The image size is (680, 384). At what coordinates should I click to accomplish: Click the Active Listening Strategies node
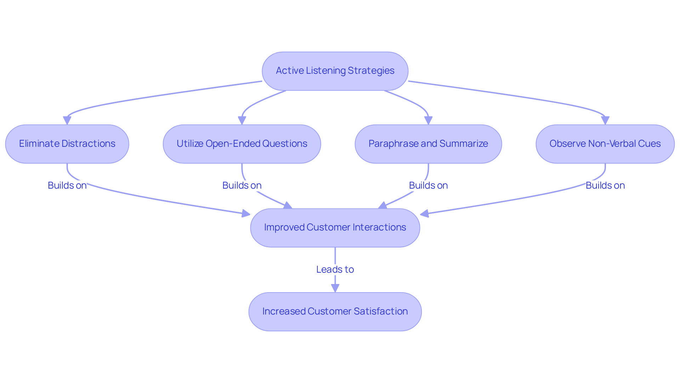click(x=335, y=71)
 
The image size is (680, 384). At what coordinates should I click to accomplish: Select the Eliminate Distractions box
click(x=67, y=144)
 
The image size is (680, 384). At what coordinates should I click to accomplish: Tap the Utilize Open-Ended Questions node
click(x=242, y=144)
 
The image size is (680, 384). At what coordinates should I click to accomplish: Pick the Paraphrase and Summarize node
click(x=428, y=144)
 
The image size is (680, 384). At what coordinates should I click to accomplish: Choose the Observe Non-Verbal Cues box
click(x=605, y=144)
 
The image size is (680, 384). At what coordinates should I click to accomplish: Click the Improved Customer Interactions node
click(x=335, y=228)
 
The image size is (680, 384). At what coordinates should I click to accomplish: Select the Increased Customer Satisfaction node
click(x=335, y=312)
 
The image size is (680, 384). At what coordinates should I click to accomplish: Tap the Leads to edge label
click(x=335, y=269)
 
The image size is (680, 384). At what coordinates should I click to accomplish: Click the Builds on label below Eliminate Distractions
click(x=67, y=185)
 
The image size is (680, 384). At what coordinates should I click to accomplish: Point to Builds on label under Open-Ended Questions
click(x=242, y=185)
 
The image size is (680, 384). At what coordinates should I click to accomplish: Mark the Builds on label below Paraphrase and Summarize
click(x=428, y=185)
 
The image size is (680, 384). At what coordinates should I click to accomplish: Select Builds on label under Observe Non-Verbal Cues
click(x=605, y=185)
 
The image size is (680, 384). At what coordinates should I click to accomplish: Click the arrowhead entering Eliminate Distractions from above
click(x=67, y=121)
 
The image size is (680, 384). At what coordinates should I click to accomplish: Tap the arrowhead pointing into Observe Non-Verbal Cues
click(x=605, y=121)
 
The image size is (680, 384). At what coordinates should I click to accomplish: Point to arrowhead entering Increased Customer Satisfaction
click(x=335, y=288)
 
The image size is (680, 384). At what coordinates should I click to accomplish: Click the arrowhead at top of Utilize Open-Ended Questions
click(x=242, y=121)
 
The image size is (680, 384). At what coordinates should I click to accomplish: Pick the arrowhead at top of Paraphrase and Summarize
click(x=428, y=121)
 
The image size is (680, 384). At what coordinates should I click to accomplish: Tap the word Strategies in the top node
click(x=371, y=71)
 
